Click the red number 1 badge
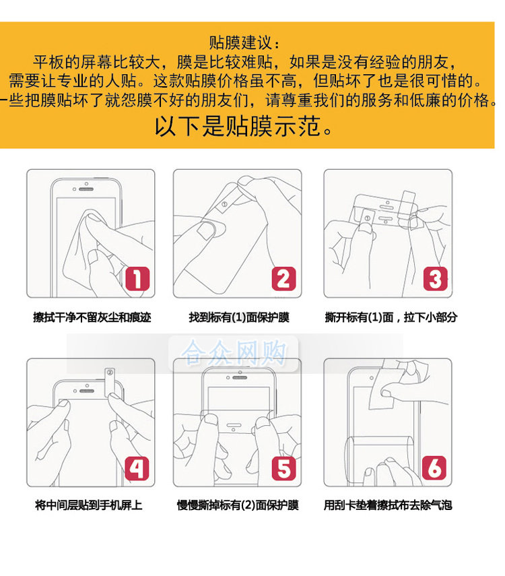137,278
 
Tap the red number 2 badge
283,278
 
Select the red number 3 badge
435,278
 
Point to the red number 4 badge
137,468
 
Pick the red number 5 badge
283,468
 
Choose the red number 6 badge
434,468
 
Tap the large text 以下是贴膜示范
244,126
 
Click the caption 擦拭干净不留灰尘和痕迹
92,317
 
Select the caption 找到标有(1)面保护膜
239,317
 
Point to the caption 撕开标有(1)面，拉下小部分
391,317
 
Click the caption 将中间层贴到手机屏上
88,505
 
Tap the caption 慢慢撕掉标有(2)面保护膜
238,505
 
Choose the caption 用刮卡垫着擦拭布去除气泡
387,505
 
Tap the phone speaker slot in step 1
86,189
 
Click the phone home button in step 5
234,425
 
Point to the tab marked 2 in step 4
110,382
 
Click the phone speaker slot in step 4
87,391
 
